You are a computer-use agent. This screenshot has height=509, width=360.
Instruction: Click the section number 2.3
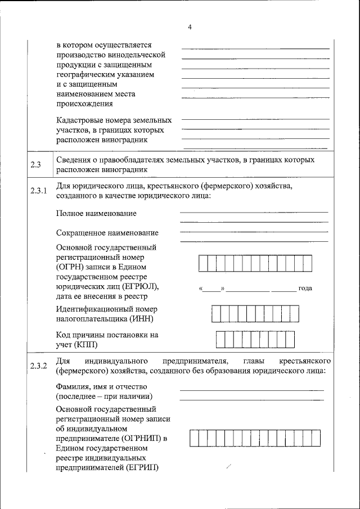(x=36, y=164)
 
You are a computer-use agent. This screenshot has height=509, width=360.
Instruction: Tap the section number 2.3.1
(x=38, y=191)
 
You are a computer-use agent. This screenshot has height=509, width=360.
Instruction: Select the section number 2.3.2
(x=38, y=366)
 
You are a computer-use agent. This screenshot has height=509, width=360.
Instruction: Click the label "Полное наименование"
(x=96, y=214)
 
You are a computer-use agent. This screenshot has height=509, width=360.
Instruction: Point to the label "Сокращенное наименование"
(x=107, y=233)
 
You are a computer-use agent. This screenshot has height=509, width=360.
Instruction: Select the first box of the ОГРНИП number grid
(x=194, y=438)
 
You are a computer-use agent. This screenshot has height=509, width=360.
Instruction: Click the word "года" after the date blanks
(x=305, y=289)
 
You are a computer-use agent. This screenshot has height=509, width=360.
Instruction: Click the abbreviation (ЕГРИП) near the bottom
(x=142, y=468)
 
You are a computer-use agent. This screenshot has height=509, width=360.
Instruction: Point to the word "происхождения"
(x=85, y=103)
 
